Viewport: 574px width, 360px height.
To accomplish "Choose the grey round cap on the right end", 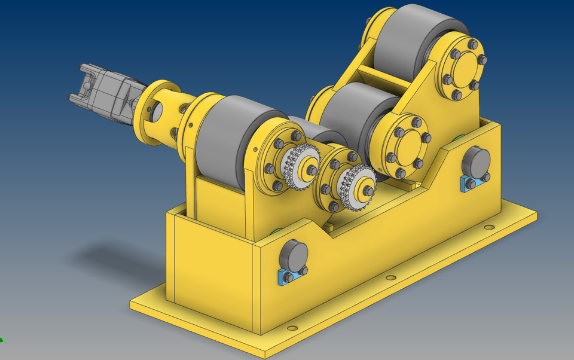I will click(477, 161).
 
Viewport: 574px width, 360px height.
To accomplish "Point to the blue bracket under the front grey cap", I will click(292, 276).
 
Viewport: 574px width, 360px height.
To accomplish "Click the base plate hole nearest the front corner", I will click(292, 328).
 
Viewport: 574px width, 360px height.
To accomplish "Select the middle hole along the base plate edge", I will click(391, 278).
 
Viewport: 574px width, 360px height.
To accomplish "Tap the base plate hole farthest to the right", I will click(490, 228).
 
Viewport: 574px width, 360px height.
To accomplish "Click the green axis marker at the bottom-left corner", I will click(2, 341).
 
